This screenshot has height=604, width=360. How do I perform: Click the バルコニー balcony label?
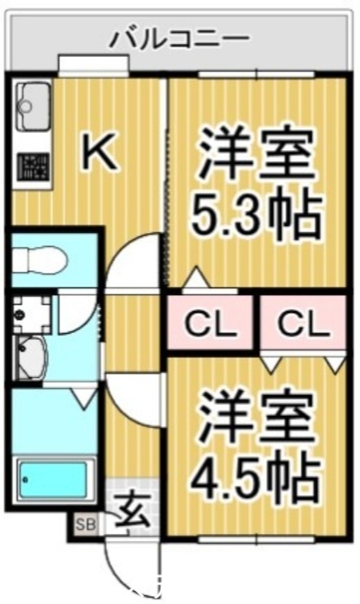point(180,38)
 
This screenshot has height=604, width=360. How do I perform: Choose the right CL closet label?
point(303,324)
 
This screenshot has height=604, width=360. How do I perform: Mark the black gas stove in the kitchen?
point(32,163)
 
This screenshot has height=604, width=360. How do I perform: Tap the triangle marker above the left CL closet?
point(198,279)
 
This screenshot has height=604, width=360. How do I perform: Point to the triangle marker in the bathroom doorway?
point(83,398)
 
